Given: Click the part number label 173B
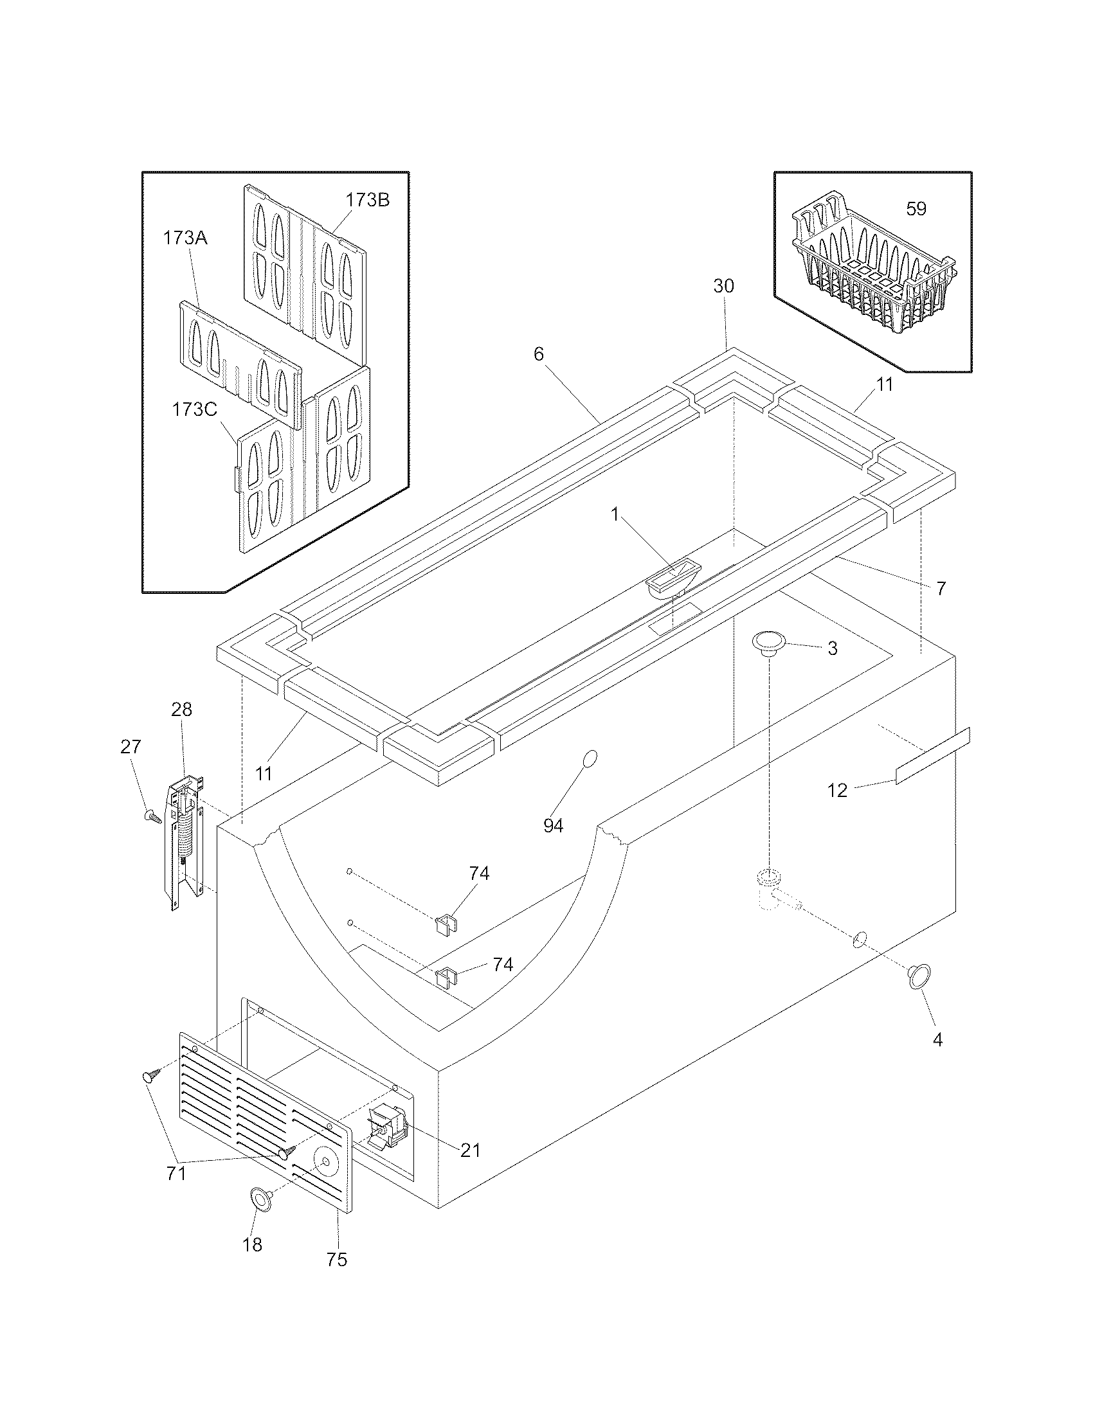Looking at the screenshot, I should pyautogui.click(x=367, y=200).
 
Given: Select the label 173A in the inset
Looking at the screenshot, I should pyautogui.click(x=185, y=238).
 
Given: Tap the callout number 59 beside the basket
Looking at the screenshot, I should pyautogui.click(x=916, y=209).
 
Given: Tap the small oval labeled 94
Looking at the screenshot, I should pyautogui.click(x=590, y=759).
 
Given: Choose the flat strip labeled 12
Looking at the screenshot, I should pyautogui.click(x=932, y=756).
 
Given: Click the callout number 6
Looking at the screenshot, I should pyautogui.click(x=539, y=354).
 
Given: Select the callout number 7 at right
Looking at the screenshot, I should pyautogui.click(x=941, y=588).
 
